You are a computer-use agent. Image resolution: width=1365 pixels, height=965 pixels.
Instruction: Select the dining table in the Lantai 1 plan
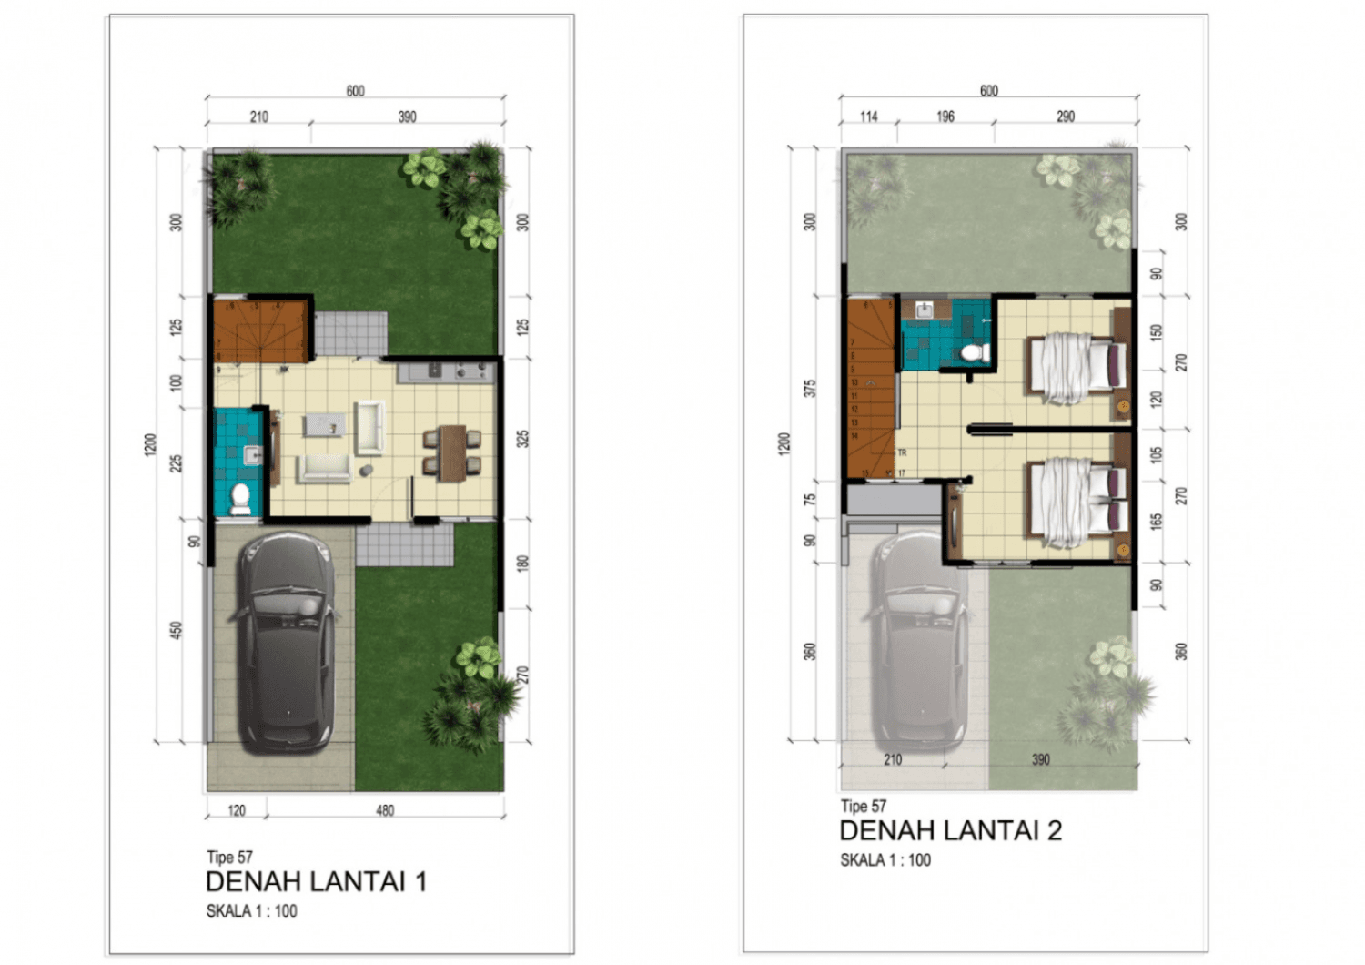click(451, 452)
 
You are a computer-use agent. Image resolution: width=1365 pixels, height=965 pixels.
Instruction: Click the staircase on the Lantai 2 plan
click(871, 391)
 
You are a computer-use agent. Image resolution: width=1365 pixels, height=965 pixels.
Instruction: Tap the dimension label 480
click(385, 810)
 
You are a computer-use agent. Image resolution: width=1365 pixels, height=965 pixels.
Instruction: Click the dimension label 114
click(869, 117)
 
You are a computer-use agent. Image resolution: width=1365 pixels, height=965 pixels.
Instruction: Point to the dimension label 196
click(945, 117)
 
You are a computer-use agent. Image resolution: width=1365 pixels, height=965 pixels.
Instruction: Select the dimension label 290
click(1066, 117)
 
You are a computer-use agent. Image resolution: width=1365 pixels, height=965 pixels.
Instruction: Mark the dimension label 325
click(522, 439)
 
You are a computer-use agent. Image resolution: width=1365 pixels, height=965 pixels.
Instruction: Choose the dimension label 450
click(176, 630)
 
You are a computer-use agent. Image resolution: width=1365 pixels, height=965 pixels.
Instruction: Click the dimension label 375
click(809, 388)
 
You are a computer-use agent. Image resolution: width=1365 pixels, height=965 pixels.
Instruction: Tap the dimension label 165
click(1156, 522)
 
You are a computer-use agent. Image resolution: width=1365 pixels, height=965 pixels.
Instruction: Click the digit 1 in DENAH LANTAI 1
click(420, 881)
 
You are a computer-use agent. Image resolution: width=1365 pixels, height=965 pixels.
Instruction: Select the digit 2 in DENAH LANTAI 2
click(1054, 830)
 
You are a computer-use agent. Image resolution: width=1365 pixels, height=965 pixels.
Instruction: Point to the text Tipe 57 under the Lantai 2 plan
click(863, 806)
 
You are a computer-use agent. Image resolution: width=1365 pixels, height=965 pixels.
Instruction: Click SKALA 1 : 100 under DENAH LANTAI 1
click(251, 911)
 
